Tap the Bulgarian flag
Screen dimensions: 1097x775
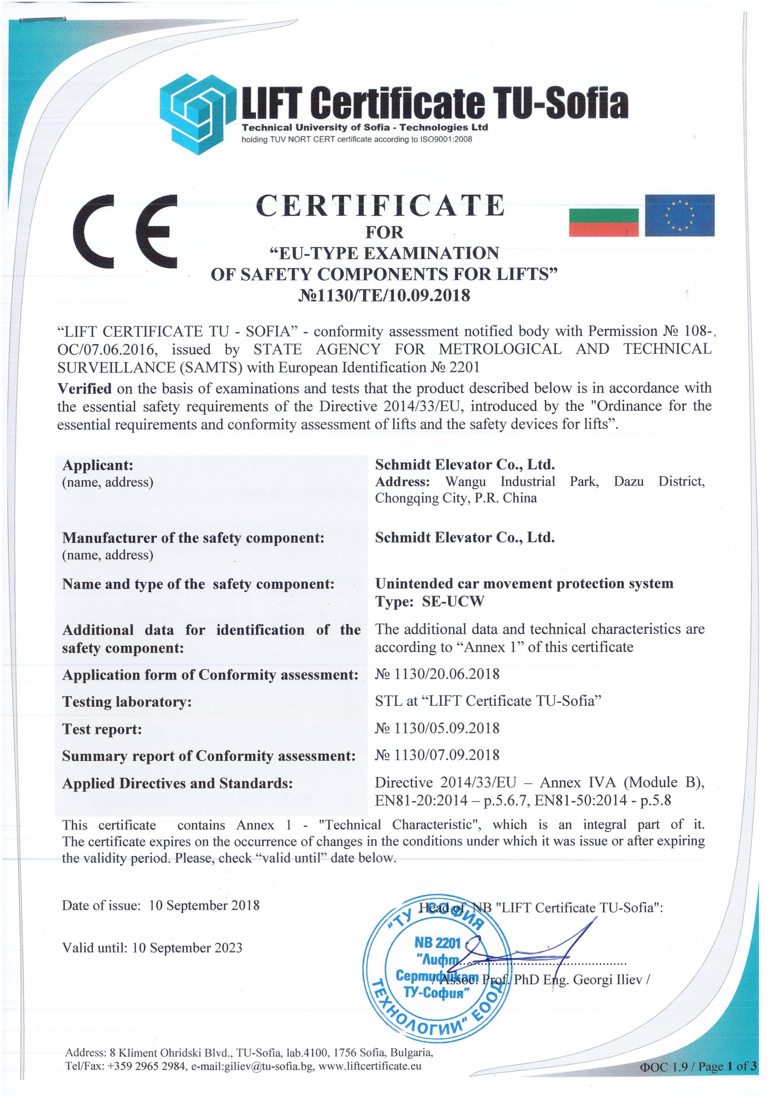pos(603,222)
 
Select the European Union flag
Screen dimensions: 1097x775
pos(679,215)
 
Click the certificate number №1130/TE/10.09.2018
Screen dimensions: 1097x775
pos(384,296)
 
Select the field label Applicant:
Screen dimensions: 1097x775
pos(98,464)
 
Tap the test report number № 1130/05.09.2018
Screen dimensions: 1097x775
pos(437,728)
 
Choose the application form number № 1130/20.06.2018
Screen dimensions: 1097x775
pos(437,674)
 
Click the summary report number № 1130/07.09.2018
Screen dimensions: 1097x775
pos(437,755)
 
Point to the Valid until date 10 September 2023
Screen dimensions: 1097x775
pos(187,947)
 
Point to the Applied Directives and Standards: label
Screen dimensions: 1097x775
pos(177,783)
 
